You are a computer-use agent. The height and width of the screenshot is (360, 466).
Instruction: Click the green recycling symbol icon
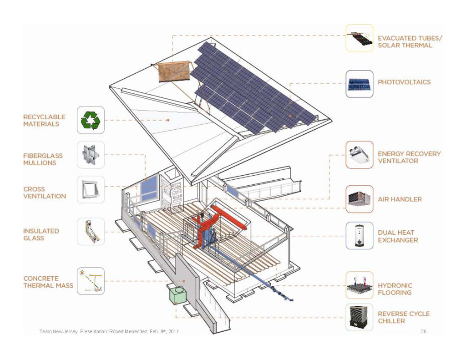[x=91, y=120]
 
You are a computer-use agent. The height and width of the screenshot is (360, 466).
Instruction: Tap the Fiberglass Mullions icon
[x=91, y=155]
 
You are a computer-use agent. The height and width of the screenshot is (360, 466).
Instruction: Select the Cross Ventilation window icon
[x=91, y=190]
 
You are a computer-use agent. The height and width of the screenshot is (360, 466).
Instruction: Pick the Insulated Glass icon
[x=91, y=231]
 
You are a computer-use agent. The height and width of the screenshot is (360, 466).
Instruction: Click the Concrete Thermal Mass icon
[x=91, y=281]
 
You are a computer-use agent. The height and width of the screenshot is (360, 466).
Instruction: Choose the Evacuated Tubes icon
[x=360, y=38]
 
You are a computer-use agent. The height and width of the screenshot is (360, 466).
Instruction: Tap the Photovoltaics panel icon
[x=360, y=84]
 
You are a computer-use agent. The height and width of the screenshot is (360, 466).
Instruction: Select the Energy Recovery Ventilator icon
[x=360, y=155]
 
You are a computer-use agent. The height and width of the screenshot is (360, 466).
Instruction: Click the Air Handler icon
[x=360, y=199]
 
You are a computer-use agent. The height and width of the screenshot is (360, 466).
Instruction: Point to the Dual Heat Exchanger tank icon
[x=360, y=235]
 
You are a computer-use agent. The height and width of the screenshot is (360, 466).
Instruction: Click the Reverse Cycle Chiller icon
[x=359, y=317]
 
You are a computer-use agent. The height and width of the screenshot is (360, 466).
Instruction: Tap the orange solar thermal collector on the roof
[x=174, y=71]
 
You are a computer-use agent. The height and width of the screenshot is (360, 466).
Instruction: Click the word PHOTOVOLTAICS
[x=404, y=82]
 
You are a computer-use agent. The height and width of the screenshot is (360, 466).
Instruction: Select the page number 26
[x=424, y=331]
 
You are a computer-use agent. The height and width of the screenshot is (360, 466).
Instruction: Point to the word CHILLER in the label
[x=391, y=321]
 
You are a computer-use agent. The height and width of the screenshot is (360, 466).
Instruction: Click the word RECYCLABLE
[x=44, y=117]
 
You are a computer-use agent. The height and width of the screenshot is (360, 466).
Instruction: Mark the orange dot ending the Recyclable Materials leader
[x=168, y=120]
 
